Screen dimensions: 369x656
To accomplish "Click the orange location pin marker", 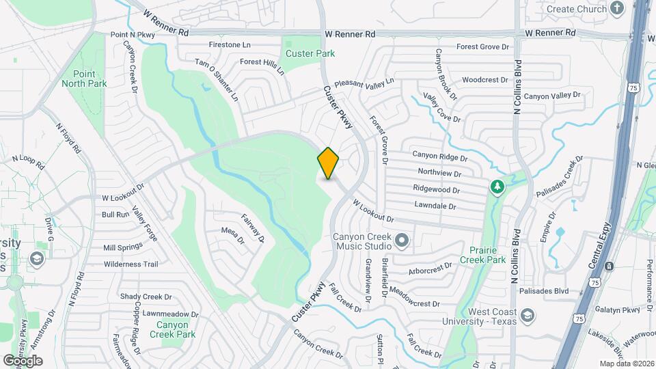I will click(x=329, y=163).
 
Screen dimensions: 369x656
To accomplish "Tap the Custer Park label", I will click(x=310, y=53).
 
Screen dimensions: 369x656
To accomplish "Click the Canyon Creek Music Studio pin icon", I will click(x=402, y=240).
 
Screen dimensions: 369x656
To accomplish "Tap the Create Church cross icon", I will click(x=618, y=9).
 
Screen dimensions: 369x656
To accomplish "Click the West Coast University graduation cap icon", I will click(x=527, y=316).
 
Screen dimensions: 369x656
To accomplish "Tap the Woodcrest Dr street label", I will click(x=485, y=80).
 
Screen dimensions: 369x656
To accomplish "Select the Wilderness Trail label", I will click(x=131, y=264).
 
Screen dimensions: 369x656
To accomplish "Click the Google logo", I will click(x=23, y=361).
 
